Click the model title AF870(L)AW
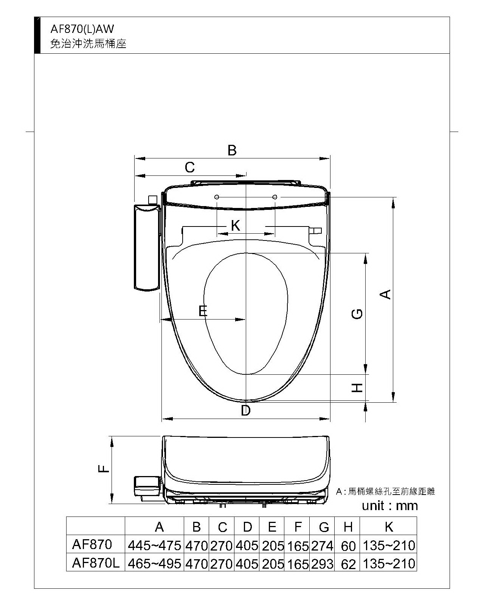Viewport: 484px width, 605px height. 82,29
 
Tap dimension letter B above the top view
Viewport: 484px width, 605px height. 232,150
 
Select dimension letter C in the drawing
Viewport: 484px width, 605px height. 189,168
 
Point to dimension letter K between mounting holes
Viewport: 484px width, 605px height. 236,225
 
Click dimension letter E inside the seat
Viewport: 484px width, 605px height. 203,311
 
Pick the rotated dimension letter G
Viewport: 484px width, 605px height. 357,313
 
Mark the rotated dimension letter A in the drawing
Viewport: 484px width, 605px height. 385,294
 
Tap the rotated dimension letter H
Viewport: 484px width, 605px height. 357,388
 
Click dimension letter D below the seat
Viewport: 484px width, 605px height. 245,411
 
